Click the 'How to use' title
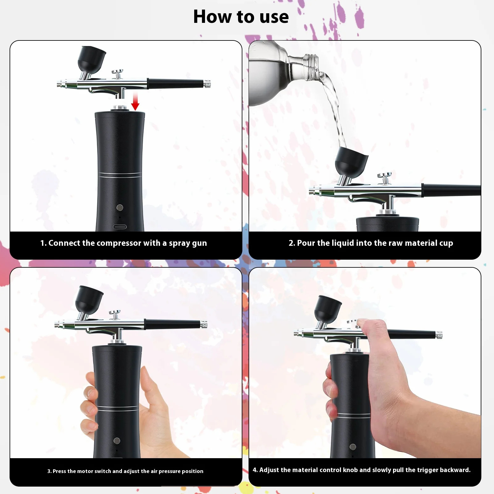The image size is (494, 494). (241, 17)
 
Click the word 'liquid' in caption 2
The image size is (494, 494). (343, 243)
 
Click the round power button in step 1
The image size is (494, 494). (120, 207)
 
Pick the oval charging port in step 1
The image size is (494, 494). (120, 227)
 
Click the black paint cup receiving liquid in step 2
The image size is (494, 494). (351, 162)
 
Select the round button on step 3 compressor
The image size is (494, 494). (117, 441)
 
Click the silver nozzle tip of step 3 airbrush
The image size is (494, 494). (58, 324)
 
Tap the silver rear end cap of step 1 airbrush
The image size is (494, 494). (207, 83)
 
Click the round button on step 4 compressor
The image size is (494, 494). (353, 447)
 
